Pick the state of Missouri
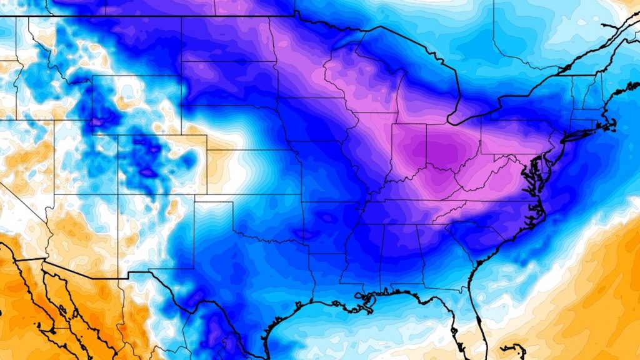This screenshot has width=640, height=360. click(x=331, y=175)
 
